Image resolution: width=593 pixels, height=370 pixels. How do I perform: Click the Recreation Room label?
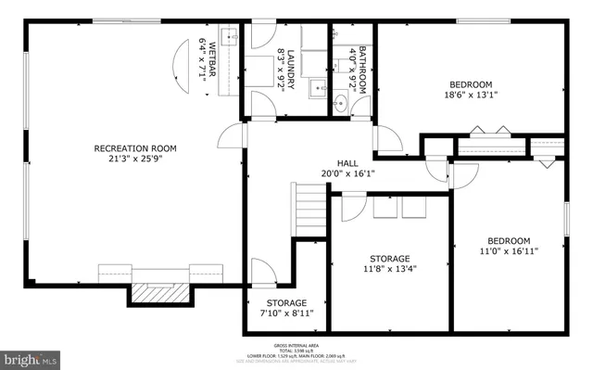click(x=135, y=148)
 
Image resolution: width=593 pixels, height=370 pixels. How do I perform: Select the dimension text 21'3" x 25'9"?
click(x=135, y=159)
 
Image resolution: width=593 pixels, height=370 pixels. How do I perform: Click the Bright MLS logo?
click(x=31, y=356)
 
